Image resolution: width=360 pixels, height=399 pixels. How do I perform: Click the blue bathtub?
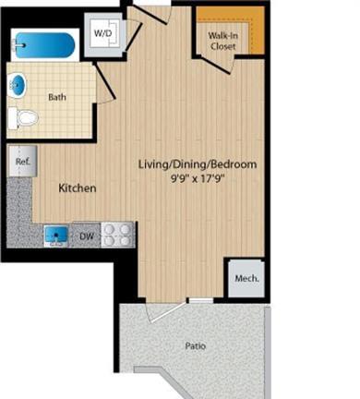tap(45, 45)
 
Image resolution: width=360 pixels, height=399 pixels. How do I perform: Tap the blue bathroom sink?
tap(18, 84)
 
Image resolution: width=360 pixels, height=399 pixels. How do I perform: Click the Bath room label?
tap(57, 97)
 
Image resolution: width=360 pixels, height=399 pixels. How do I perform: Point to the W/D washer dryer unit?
tap(103, 33)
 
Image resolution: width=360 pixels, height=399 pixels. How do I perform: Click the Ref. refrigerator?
tap(23, 161)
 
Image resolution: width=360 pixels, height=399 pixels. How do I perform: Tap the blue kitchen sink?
tap(56, 236)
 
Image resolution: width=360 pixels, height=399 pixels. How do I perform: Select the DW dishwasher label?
tap(86, 236)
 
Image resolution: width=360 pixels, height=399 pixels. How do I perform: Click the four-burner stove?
tap(117, 235)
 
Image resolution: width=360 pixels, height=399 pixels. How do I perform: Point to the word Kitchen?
tap(78, 188)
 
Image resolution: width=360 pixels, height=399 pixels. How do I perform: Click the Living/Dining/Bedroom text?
tap(198, 164)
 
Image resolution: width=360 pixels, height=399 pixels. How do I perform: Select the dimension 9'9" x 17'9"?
tap(197, 178)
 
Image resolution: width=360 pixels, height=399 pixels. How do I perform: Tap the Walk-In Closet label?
tap(223, 41)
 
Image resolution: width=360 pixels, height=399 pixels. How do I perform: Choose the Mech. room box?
tap(246, 279)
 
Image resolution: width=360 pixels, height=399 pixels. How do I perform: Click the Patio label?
tap(196, 346)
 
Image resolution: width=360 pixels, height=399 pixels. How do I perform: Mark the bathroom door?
tap(104, 81)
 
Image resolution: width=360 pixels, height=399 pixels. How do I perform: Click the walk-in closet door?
tap(214, 65)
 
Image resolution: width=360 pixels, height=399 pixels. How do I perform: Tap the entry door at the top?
tap(150, 15)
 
